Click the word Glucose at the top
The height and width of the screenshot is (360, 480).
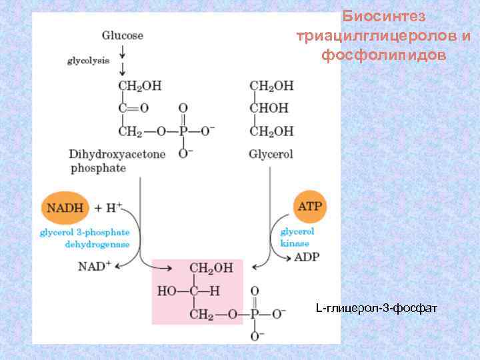[x=123, y=35]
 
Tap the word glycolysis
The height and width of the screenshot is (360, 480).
[x=89, y=61]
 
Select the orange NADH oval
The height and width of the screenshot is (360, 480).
[x=65, y=207]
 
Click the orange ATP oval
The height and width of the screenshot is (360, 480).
[x=309, y=206]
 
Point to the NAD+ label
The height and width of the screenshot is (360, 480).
[x=93, y=266]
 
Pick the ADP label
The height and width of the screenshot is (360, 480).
[x=308, y=257]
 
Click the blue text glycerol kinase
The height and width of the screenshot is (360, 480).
[x=297, y=237]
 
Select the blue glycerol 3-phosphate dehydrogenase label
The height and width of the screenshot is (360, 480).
[x=84, y=238]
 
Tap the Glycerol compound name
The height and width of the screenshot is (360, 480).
[x=271, y=154]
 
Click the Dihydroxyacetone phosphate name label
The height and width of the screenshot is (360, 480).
[x=117, y=161]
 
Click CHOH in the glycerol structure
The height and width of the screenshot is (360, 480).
[x=270, y=107]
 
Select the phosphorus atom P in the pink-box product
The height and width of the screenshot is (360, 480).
[x=254, y=313]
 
